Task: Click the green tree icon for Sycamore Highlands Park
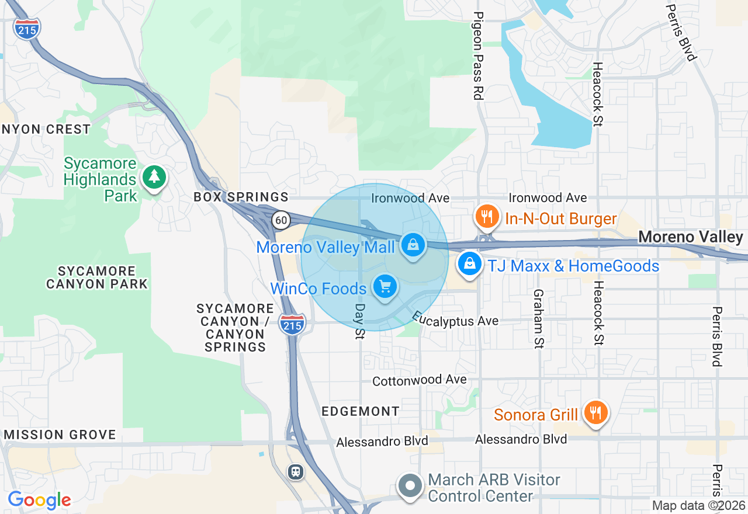pos(154,176)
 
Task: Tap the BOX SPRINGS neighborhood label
pos(241,197)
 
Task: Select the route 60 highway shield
pos(281,220)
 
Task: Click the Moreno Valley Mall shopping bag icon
pos(413,245)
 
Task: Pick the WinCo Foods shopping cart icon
pos(385,286)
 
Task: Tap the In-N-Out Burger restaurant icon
pos(486,217)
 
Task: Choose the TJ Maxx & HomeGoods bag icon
pos(469,264)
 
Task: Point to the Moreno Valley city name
pos(690,237)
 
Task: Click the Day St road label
pos(359,321)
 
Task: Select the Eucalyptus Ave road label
pos(455,319)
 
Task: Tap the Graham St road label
pos(538,319)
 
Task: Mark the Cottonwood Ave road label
pos(420,380)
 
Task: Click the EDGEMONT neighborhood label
pos(361,411)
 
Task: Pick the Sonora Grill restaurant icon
pos(595,412)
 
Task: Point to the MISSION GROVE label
pos(60,435)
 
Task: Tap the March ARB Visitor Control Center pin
pos(410,485)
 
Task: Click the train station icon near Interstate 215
pos(296,471)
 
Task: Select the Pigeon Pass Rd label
pos(478,55)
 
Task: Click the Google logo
pos(39,500)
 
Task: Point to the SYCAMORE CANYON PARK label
pos(97,277)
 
